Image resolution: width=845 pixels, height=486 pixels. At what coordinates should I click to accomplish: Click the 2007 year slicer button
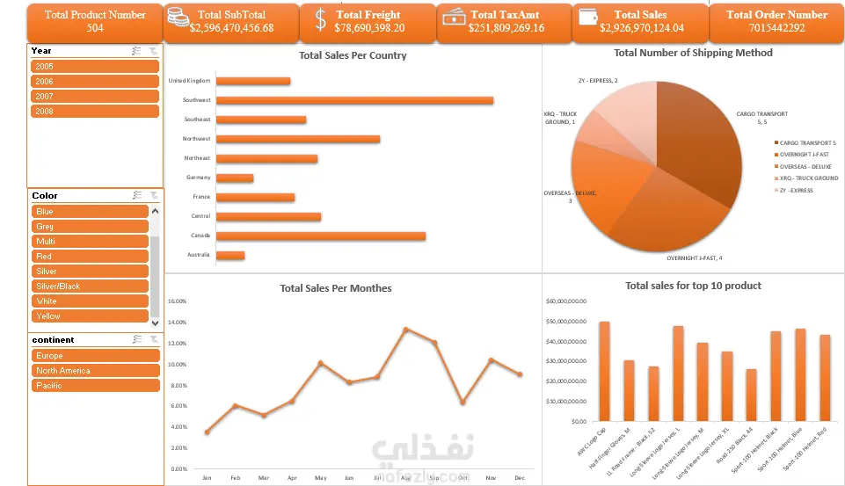point(94,96)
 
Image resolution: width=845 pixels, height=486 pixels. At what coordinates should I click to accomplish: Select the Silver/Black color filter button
point(90,287)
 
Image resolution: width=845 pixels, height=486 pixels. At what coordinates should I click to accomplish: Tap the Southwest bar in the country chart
point(354,100)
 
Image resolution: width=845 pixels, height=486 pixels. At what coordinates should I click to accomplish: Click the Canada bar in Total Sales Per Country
point(321,236)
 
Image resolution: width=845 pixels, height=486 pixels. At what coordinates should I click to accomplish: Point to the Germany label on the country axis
point(198,178)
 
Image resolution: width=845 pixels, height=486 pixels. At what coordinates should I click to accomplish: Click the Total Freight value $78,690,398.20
point(369,28)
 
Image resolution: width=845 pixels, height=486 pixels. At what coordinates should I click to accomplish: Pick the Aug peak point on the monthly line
point(405,330)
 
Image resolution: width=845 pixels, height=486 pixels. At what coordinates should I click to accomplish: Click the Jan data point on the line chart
point(207,432)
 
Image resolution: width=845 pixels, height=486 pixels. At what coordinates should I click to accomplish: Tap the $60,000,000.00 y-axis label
point(568,301)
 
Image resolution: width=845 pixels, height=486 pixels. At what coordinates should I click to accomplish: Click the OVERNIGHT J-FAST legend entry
point(804,154)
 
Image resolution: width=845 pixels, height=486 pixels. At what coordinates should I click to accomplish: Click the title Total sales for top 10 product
point(693,286)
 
